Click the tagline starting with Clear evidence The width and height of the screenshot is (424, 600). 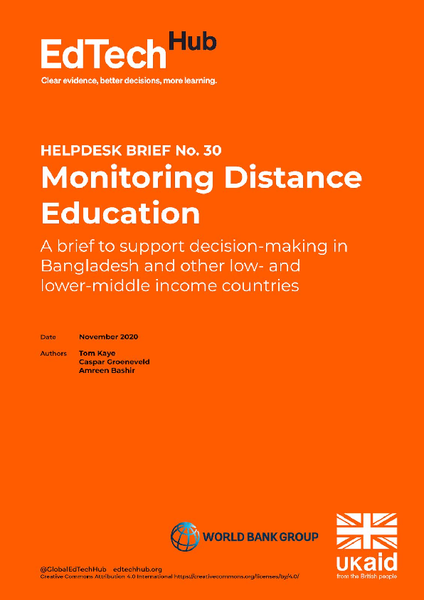click(x=129, y=80)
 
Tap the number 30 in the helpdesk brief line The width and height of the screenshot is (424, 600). click(x=219, y=151)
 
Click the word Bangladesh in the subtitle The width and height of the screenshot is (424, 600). click(x=100, y=267)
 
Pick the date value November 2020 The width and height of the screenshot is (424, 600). click(x=109, y=336)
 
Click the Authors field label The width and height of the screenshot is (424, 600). click(x=54, y=353)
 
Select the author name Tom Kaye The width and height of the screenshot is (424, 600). click(x=96, y=353)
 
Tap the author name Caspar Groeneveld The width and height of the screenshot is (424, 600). click(x=114, y=362)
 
